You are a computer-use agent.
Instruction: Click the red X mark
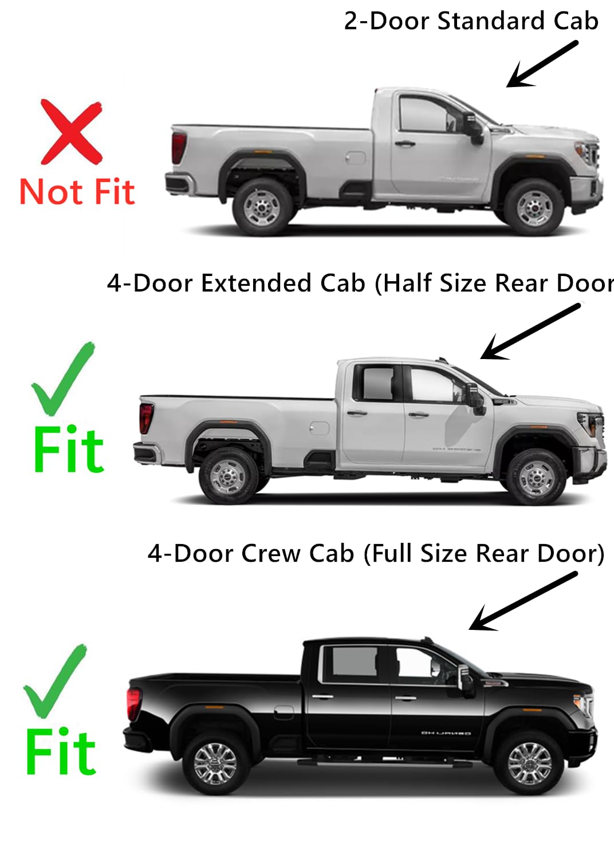71,132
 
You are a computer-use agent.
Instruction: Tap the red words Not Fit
77,192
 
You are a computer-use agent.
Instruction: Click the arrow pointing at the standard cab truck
542,64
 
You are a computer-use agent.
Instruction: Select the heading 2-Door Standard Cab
471,22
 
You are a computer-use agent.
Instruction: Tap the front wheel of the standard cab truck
534,207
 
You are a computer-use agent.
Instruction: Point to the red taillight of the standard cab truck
179,147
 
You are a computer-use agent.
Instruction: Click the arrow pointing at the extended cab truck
529,332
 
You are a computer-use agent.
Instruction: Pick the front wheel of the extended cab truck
536,476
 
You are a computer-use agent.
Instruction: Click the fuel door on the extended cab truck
320,428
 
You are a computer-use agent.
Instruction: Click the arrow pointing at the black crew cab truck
522,601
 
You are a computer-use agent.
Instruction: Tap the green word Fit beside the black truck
61,752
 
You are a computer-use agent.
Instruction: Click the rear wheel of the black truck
215,763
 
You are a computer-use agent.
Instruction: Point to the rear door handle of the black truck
322,696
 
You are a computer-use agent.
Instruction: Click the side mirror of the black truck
466,679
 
